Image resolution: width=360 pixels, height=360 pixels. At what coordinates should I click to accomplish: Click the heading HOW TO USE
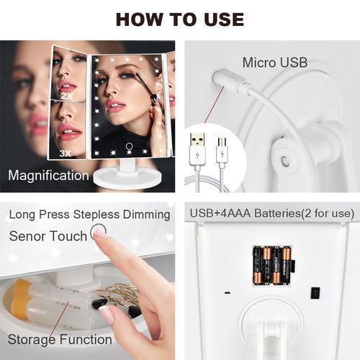(180, 19)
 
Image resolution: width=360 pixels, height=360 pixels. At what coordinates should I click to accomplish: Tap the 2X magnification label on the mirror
(68, 96)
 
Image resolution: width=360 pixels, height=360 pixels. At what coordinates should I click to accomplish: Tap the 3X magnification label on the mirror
(65, 153)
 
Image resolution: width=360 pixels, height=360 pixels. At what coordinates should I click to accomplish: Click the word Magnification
(48, 176)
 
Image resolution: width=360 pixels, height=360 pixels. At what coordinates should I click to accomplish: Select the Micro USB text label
(275, 63)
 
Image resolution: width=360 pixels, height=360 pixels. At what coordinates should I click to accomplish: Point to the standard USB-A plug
(197, 150)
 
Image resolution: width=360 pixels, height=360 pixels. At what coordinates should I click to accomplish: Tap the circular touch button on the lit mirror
(130, 146)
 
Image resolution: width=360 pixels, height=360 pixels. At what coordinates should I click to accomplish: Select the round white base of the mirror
(127, 178)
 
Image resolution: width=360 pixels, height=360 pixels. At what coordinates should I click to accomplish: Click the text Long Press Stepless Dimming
(89, 215)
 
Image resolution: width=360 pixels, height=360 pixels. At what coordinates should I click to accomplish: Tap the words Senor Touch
(48, 236)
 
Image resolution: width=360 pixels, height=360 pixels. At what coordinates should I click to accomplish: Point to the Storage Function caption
(60, 340)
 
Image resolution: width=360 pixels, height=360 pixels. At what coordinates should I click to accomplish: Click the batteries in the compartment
(273, 265)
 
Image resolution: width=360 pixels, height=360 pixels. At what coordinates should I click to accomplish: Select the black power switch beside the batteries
(315, 293)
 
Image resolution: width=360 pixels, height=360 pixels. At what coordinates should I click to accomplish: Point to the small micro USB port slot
(227, 293)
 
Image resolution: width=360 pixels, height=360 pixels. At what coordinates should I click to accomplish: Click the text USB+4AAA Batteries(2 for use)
(272, 213)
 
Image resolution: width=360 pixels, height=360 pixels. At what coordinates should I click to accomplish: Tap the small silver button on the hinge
(284, 160)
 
